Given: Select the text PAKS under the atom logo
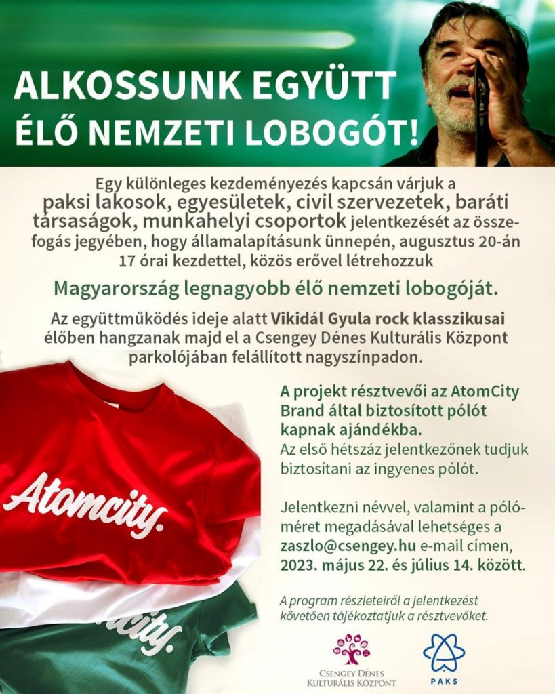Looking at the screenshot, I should click(x=444, y=681).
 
